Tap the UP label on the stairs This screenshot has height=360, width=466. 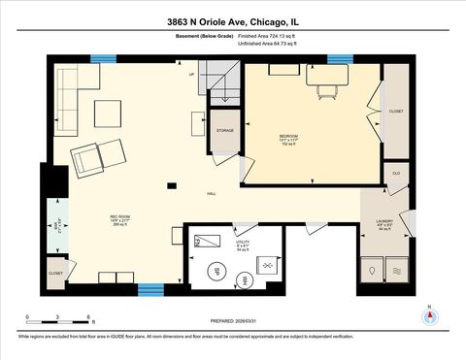[191, 75]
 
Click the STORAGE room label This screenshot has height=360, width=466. [224, 129]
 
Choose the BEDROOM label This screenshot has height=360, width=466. [288, 135]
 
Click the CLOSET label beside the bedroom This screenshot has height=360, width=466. [396, 111]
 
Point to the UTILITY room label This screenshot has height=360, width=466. [242, 241]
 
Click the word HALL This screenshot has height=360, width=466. [211, 194]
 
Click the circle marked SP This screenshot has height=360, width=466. [216, 271]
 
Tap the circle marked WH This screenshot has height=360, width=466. [245, 279]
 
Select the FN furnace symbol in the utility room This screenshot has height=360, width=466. [206, 242]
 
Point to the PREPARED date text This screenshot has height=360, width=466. [232, 322]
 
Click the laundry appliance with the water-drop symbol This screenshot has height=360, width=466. [371, 270]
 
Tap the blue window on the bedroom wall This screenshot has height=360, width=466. [340, 59]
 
